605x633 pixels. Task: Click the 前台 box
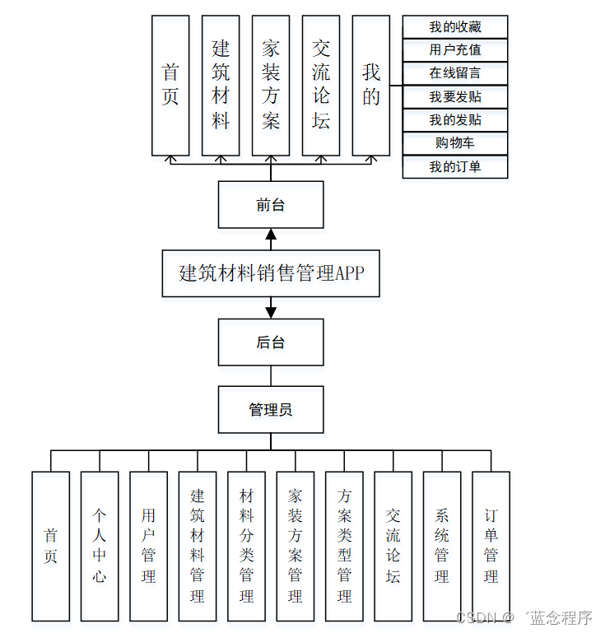[x=270, y=205]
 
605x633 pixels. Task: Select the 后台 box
[x=270, y=342]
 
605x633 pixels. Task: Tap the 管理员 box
[x=270, y=409]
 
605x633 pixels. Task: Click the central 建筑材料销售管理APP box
[x=270, y=273]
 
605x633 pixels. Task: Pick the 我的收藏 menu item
[x=454, y=27]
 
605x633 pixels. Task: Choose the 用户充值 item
[x=454, y=50]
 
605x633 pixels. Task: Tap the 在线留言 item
[x=454, y=73]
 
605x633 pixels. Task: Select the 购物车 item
[x=454, y=143]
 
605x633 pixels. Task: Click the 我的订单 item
[x=454, y=166]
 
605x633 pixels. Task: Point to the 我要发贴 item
[x=454, y=97]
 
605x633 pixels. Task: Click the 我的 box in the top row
[x=370, y=86]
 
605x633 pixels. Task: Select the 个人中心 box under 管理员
[x=100, y=546]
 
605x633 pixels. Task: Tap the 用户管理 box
[x=148, y=546]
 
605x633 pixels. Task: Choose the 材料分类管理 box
[x=246, y=546]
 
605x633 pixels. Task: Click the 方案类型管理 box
[x=344, y=546]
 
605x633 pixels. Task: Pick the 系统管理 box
[x=442, y=546]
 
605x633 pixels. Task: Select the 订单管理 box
[x=491, y=546]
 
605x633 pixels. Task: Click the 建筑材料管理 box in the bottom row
[x=198, y=546]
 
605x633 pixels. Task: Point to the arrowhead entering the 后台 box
[x=270, y=313]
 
